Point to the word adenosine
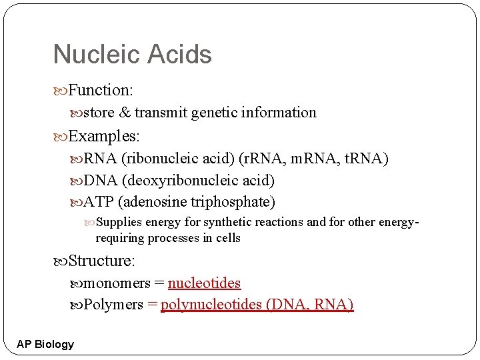pyautogui.click(x=154, y=201)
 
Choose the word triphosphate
pyautogui.click(x=233, y=201)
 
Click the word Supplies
pyautogui.click(x=119, y=222)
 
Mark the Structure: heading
pyautogui.click(x=101, y=261)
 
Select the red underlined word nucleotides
pyautogui.click(x=204, y=283)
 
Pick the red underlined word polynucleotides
pyautogui.click(x=211, y=305)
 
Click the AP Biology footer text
pyautogui.click(x=45, y=344)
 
